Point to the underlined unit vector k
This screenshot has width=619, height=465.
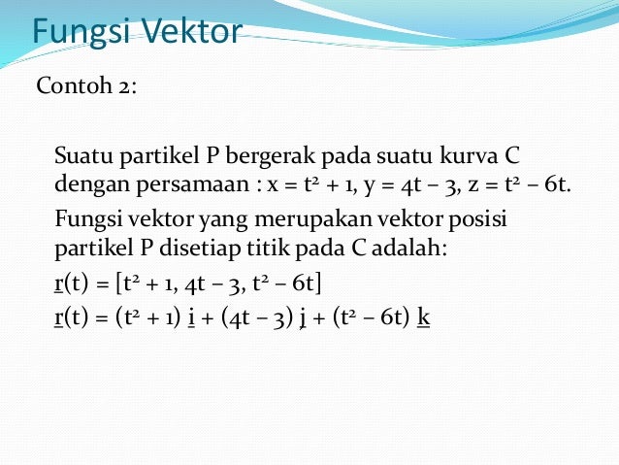(x=423, y=314)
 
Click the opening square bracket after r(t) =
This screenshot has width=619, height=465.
(x=117, y=282)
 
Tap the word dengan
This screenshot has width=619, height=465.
(x=85, y=183)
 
